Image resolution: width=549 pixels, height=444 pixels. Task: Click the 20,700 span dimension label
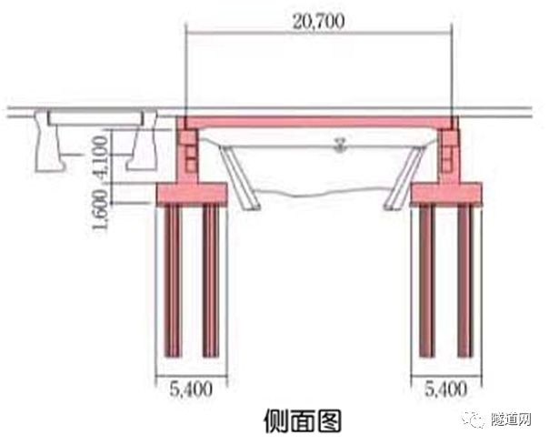tap(318, 22)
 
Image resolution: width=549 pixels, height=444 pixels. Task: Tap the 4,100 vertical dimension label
tap(103, 158)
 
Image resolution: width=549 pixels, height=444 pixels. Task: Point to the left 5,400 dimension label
tap(191, 389)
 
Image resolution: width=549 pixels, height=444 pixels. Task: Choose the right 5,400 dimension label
tap(446, 389)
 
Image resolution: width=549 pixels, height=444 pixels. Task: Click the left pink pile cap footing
tap(192, 194)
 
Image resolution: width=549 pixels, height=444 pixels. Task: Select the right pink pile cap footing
tap(446, 194)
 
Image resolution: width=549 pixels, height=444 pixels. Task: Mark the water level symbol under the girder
tap(339, 145)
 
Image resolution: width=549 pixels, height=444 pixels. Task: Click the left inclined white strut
tap(240, 177)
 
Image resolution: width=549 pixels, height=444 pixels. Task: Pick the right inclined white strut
tap(404, 177)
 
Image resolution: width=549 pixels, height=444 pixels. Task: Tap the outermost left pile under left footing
tap(173, 281)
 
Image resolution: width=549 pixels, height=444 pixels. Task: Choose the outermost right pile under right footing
tap(465, 281)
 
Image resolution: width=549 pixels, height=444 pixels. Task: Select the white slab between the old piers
tap(95, 118)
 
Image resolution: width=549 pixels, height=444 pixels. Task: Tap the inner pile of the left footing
tap(211, 281)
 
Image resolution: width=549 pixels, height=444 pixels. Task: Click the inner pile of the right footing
tap(427, 281)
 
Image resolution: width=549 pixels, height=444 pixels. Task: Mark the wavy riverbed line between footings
tap(322, 194)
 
